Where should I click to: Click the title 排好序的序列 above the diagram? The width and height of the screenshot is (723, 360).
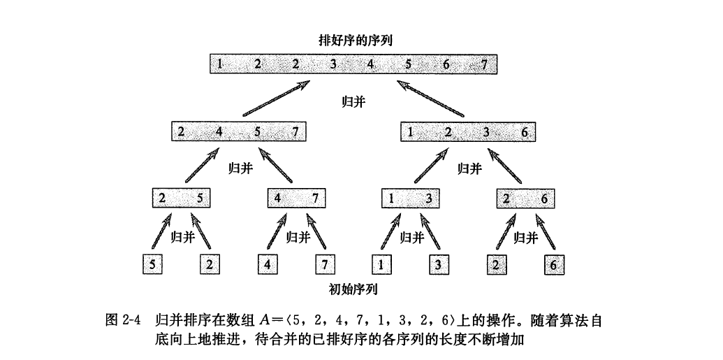tap(355, 41)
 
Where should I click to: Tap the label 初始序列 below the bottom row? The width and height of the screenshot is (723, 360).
tap(353, 289)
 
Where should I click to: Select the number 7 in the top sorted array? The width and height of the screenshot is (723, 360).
tap(483, 64)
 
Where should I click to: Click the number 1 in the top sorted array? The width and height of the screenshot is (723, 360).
tap(220, 64)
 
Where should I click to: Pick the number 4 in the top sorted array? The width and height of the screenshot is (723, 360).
tap(370, 64)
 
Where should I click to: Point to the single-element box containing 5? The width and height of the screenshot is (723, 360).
tap(152, 265)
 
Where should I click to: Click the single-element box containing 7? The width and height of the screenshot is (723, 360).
tap(325, 265)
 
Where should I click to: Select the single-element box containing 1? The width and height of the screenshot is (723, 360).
tap(381, 265)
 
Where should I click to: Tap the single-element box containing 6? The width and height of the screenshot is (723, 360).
tap(554, 265)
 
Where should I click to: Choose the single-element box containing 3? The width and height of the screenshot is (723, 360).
tap(439, 265)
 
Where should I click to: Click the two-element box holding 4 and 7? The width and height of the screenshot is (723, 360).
tap(296, 199)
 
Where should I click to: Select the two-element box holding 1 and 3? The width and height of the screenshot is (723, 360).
tap(410, 199)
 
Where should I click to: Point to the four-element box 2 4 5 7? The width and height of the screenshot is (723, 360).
tap(238, 132)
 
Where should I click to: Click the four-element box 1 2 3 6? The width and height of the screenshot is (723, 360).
tap(467, 132)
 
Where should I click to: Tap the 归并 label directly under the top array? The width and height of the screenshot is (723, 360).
tap(353, 102)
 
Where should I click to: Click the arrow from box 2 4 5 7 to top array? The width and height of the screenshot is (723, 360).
tap(276, 99)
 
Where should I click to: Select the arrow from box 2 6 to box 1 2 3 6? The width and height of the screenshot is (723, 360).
tap(505, 165)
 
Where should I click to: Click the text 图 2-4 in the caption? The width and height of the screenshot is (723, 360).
tap(123, 320)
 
